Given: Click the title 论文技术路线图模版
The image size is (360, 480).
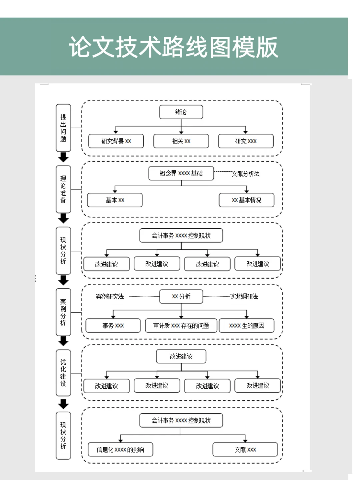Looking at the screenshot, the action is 173,47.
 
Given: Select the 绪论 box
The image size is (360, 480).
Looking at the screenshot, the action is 181,112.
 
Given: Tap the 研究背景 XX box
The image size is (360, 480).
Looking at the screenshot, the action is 116,141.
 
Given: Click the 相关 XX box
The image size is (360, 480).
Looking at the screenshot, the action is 181,141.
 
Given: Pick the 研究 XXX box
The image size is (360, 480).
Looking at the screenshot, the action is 246,141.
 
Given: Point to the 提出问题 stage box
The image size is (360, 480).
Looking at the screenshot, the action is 63,128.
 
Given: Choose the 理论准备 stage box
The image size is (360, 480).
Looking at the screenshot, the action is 63,189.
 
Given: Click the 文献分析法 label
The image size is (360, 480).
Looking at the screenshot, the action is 245,174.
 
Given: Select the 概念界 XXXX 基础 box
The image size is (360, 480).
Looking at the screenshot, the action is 181,173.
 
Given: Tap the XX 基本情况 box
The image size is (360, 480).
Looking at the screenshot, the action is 246,200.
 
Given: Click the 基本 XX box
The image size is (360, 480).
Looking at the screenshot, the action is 115,200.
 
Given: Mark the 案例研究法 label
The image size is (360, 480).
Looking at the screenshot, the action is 110,296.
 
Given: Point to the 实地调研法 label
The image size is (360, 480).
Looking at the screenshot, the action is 244,296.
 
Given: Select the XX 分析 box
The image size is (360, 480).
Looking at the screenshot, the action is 181,296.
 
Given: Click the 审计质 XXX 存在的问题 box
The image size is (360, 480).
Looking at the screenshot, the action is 181,325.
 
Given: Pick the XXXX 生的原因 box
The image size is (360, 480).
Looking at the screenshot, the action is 246,325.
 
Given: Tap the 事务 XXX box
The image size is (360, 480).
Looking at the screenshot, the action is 113,325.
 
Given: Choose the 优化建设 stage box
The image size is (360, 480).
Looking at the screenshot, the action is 63,373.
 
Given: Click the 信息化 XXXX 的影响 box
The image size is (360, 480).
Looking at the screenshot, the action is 120,450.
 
